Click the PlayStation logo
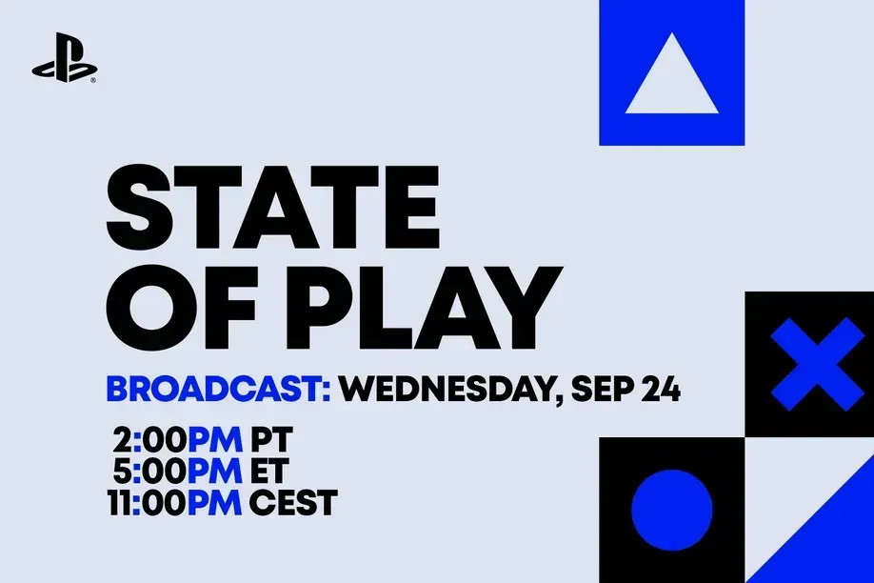64,63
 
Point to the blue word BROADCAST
218,390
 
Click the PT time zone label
271,440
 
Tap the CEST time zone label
293,502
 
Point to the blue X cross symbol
809,363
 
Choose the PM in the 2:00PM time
217,440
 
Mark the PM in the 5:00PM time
217,471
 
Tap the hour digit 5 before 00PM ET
121,471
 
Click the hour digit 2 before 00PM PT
122,440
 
